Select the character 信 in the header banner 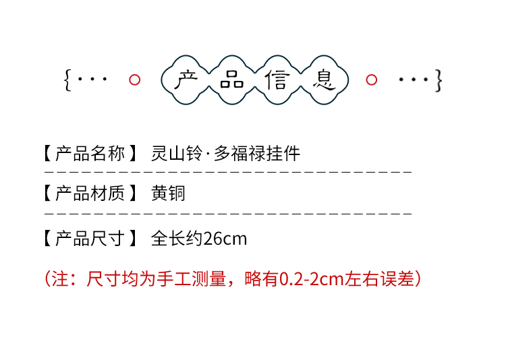click(x=277, y=80)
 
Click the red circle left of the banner click(x=134, y=80)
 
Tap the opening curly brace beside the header click(x=67, y=80)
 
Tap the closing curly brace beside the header click(x=439, y=80)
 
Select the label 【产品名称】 click(x=90, y=154)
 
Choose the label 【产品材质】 click(x=90, y=194)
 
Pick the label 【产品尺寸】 click(x=90, y=238)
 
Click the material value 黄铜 click(x=168, y=194)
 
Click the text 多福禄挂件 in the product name click(x=257, y=154)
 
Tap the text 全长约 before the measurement click(x=177, y=239)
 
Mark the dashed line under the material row click(x=228, y=213)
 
